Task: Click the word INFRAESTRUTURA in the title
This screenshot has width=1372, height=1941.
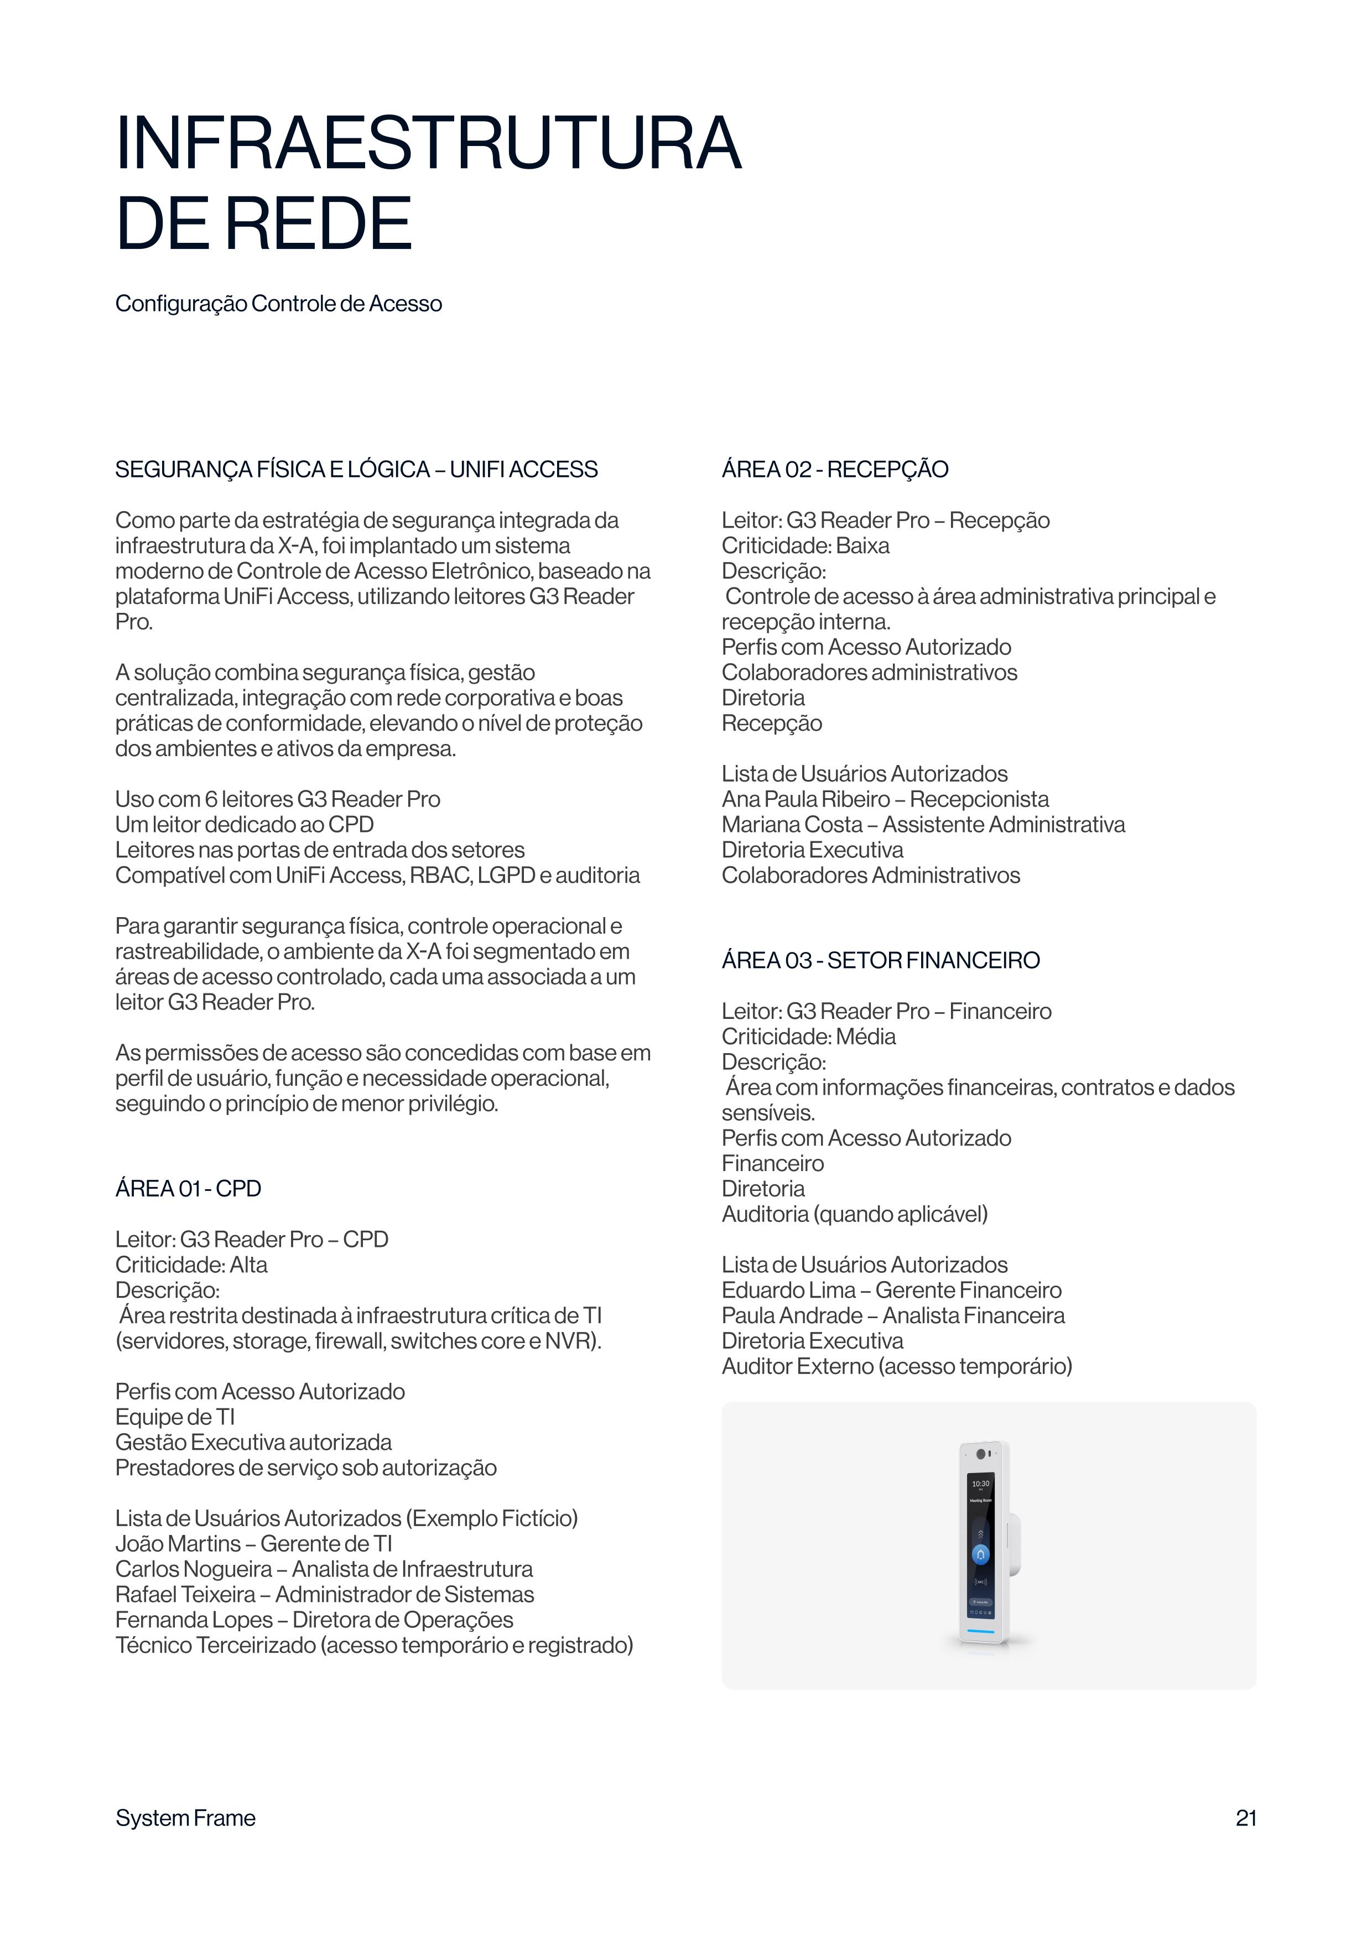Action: point(428,144)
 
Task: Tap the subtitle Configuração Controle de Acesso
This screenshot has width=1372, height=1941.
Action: point(278,304)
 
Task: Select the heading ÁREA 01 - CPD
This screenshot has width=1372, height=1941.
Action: point(188,1189)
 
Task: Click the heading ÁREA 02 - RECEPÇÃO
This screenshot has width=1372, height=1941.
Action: point(834,469)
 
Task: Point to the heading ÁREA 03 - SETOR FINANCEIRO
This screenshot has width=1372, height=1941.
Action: point(880,960)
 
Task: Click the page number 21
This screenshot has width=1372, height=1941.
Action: point(1245,1818)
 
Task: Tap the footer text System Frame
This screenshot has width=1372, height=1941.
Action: point(185,1818)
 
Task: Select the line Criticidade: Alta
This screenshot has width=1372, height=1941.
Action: point(191,1264)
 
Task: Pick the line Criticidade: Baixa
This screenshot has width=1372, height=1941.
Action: point(805,546)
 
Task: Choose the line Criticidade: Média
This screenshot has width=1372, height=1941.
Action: point(808,1037)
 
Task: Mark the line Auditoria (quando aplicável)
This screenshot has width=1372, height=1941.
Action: point(854,1214)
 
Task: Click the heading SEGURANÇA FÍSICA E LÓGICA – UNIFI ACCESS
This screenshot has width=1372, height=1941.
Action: point(356,469)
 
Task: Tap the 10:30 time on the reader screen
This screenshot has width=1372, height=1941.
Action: point(980,1484)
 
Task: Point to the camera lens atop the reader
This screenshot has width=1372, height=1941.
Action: point(981,1454)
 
